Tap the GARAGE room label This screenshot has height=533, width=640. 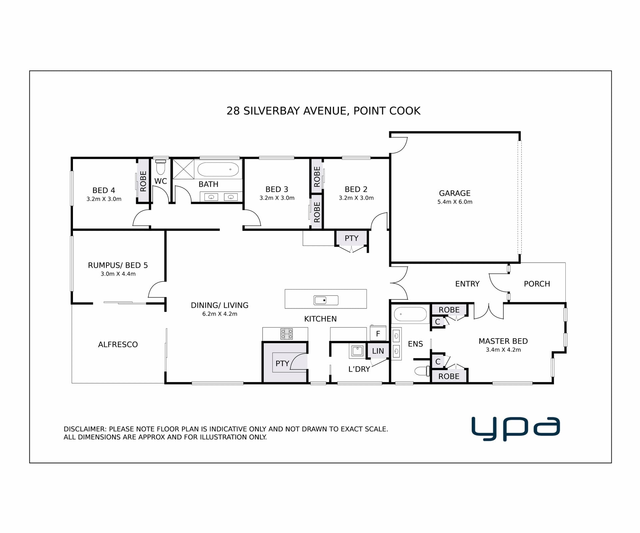click(x=455, y=193)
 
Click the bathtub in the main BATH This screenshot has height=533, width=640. click(x=218, y=170)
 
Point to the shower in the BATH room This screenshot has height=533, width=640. click(x=183, y=169)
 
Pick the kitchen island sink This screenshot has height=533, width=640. click(x=326, y=300)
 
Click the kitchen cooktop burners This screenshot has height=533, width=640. click(x=286, y=334)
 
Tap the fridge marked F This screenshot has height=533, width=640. click(x=378, y=333)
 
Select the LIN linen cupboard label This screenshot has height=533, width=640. click(x=378, y=351)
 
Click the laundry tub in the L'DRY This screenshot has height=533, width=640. click(x=357, y=351)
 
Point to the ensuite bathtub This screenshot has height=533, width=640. click(x=410, y=314)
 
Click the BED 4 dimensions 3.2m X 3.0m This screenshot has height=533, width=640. click(x=104, y=199)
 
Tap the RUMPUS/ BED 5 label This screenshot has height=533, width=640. click(x=118, y=265)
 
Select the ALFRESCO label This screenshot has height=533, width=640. click(x=118, y=344)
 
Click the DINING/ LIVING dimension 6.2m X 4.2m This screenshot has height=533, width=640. click(x=220, y=314)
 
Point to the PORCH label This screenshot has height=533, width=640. click(x=537, y=284)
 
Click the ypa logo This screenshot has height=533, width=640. click(x=515, y=429)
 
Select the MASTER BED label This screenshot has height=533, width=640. click(x=503, y=341)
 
